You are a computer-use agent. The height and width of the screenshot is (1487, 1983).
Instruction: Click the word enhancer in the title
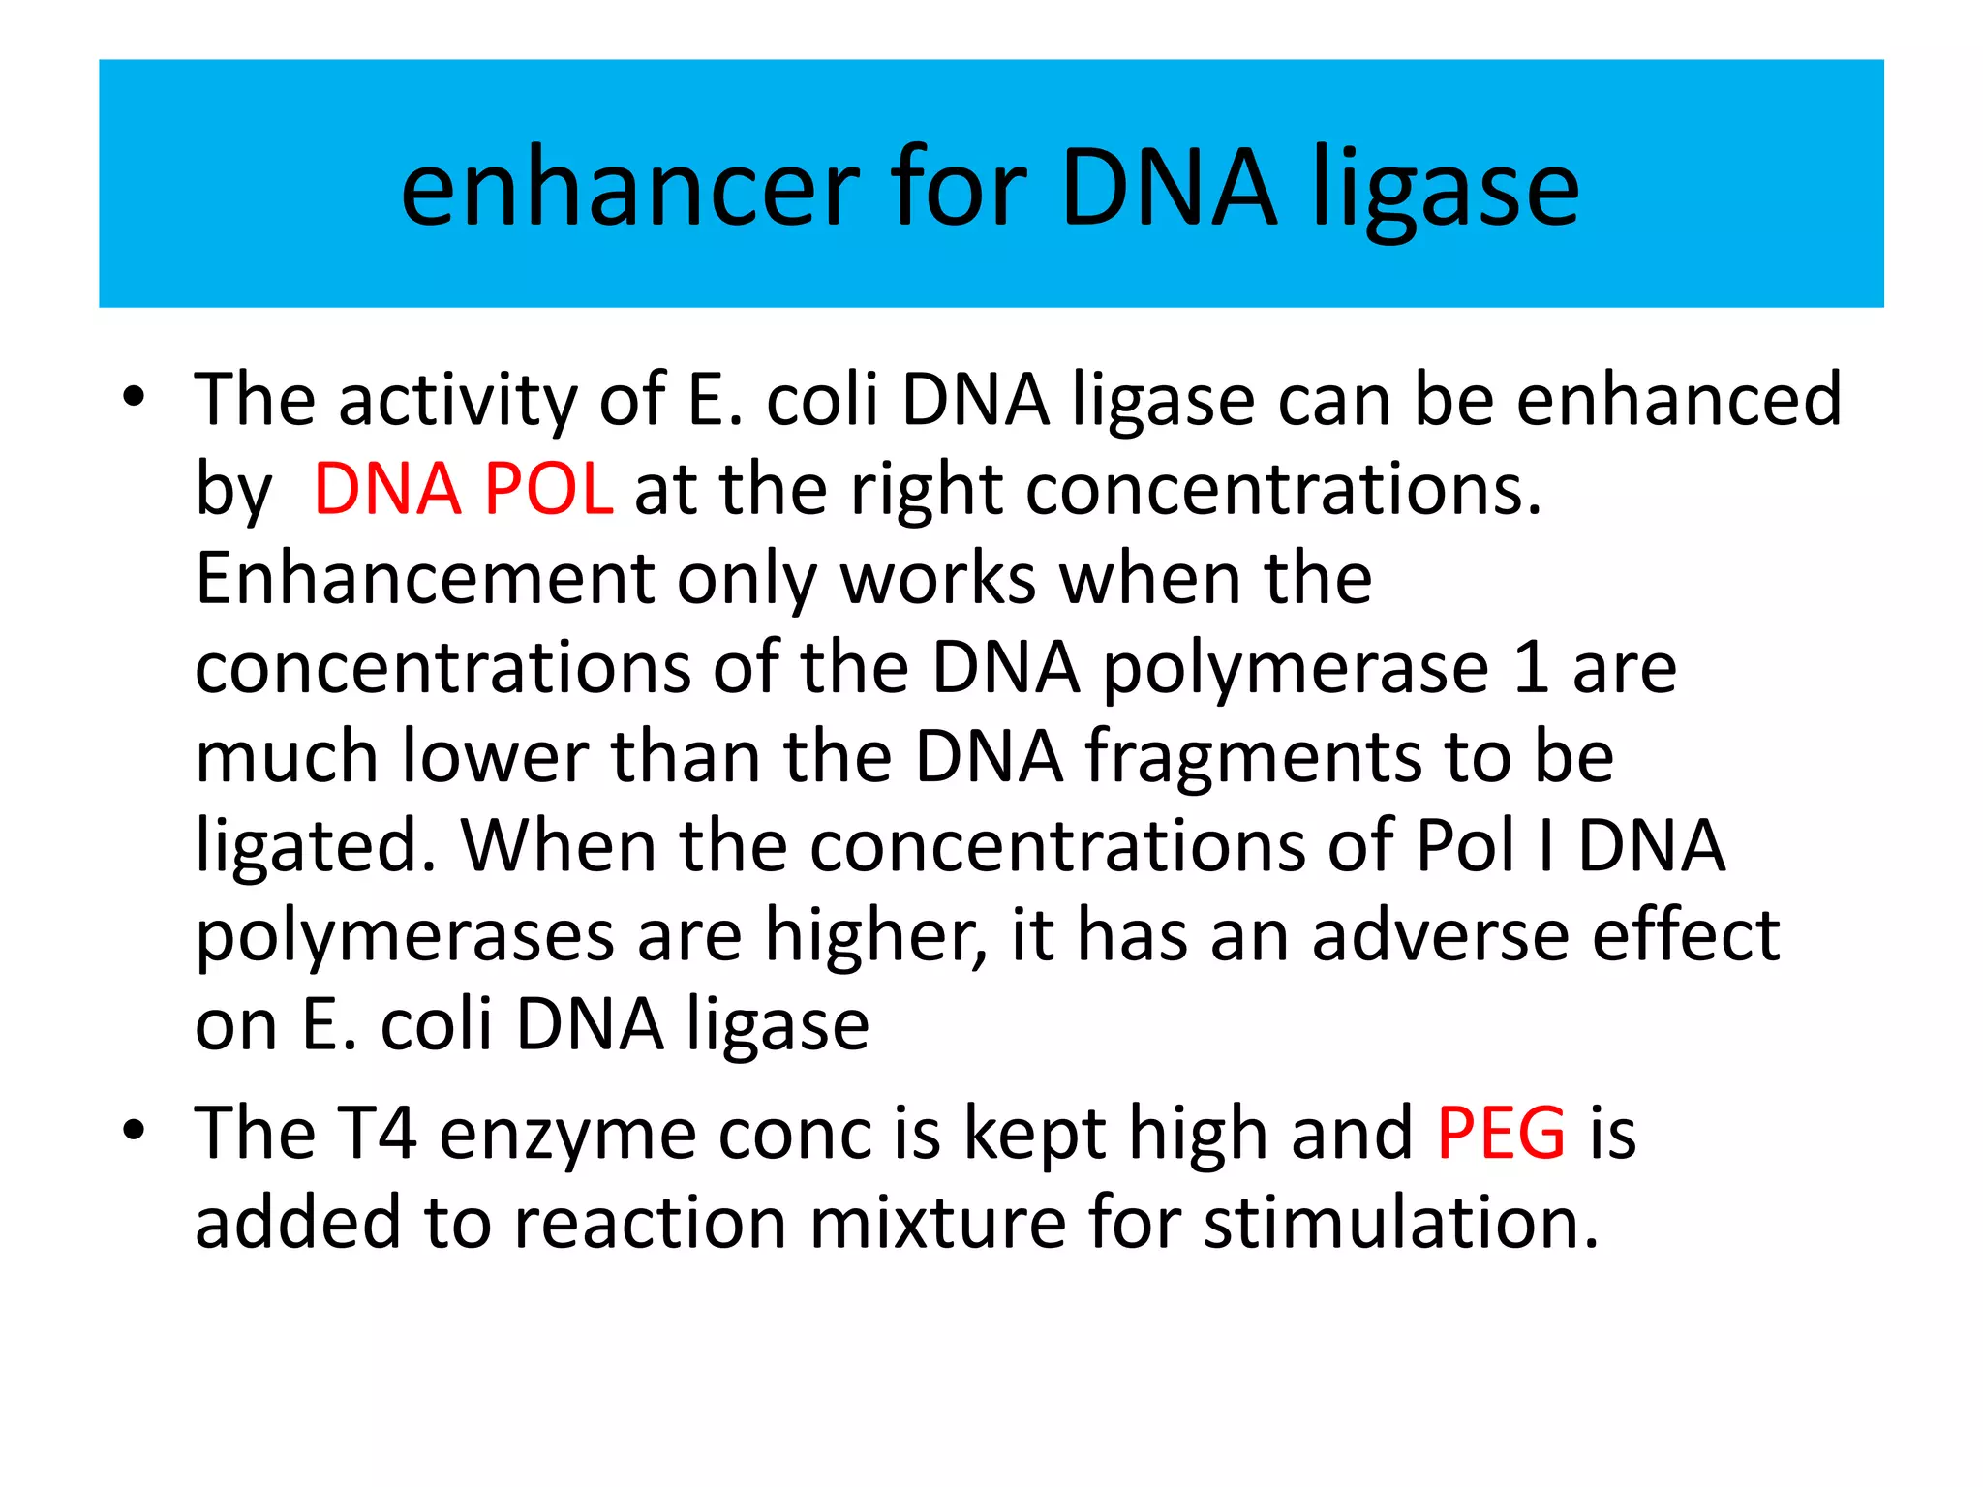click(x=629, y=189)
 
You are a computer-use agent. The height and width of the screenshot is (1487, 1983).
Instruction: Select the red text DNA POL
click(x=463, y=489)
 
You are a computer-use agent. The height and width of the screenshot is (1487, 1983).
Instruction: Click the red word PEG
click(x=1501, y=1133)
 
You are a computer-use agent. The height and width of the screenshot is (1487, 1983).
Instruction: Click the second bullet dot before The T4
click(x=134, y=1130)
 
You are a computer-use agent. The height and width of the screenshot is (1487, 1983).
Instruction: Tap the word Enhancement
click(x=424, y=578)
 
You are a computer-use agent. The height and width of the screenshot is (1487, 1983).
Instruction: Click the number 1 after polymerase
click(x=1530, y=668)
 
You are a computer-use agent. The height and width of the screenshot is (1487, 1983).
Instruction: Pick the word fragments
click(x=1253, y=757)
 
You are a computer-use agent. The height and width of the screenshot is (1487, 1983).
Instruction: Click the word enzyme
click(x=567, y=1135)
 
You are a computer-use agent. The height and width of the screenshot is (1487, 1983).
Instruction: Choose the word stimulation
click(x=1400, y=1223)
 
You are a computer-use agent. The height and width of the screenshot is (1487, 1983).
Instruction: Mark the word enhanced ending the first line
click(x=1678, y=400)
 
